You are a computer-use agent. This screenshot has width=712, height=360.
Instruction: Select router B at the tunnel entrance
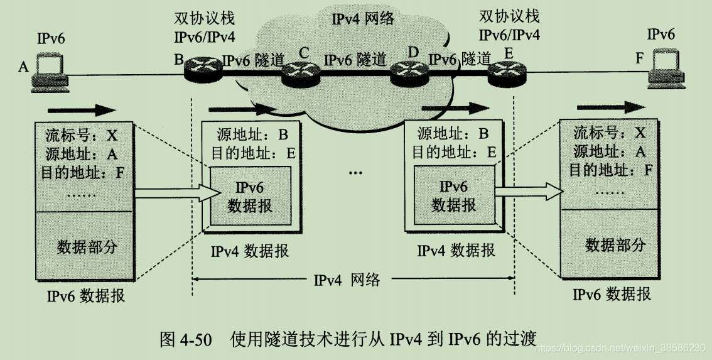coord(204,72)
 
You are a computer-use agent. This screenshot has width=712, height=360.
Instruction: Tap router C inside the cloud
coord(301,75)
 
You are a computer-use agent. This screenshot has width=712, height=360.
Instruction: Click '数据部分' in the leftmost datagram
coord(87,246)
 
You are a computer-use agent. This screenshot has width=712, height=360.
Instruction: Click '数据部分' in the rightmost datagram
coord(615,244)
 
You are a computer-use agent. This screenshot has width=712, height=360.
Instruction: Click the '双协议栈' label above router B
coord(204,19)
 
